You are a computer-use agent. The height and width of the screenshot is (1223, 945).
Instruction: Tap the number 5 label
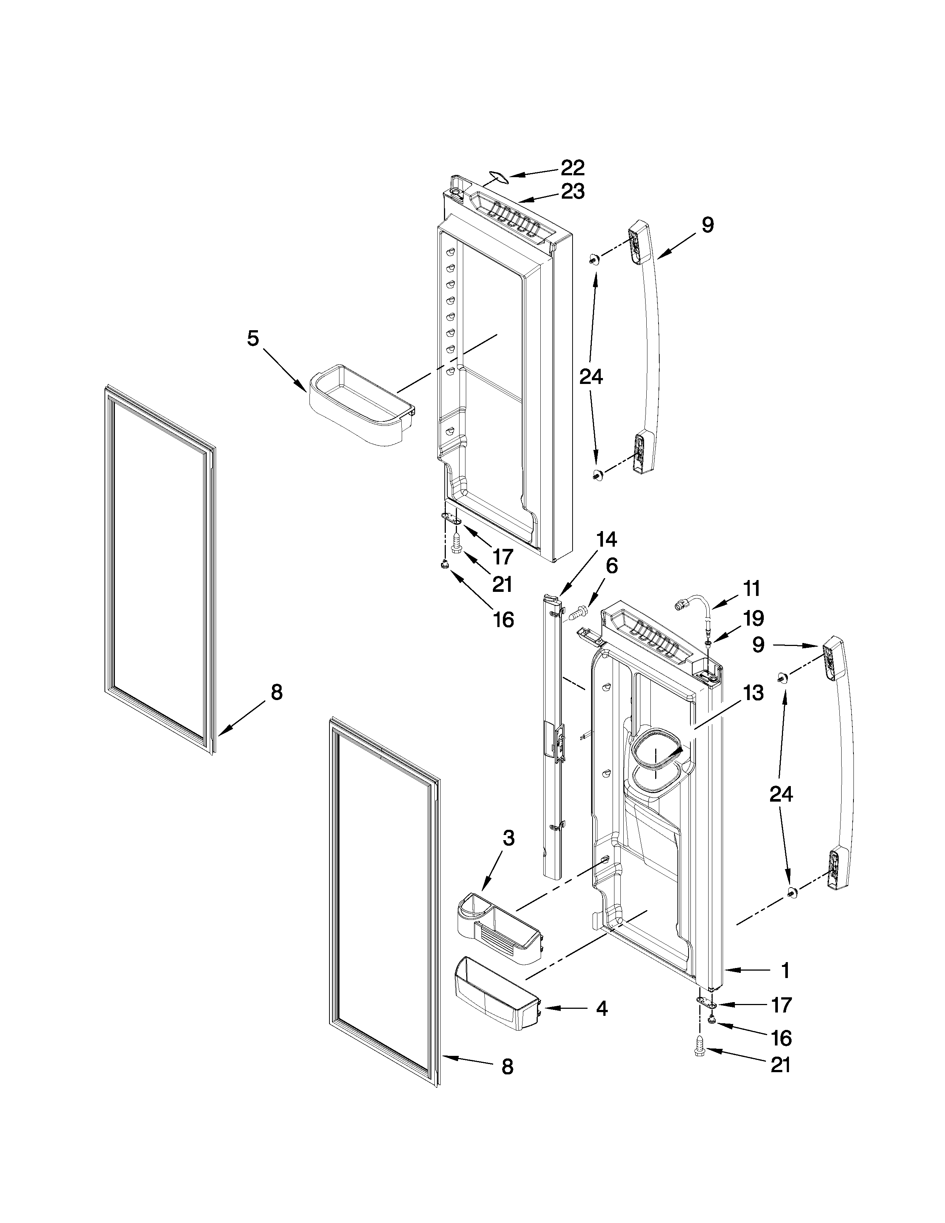(x=253, y=338)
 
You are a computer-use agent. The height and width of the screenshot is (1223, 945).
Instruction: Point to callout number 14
(x=606, y=539)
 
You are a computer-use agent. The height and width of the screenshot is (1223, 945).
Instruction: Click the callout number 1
(x=785, y=971)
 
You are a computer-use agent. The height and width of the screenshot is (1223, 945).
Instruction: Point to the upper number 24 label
(x=591, y=377)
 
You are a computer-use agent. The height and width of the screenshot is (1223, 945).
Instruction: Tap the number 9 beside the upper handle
(x=707, y=226)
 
